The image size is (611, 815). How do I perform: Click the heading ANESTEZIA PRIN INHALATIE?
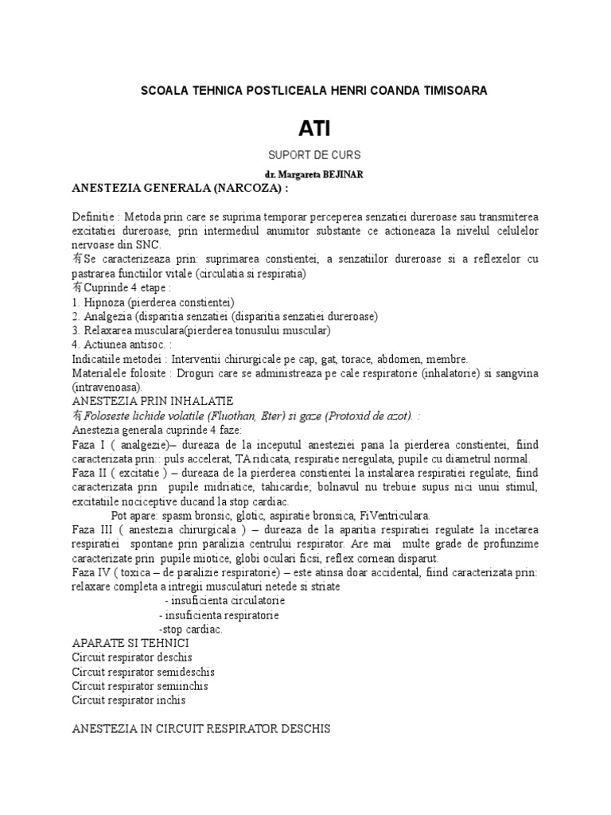click(x=152, y=400)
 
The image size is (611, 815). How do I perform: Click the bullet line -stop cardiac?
click(x=191, y=629)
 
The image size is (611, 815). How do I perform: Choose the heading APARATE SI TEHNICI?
click(x=130, y=643)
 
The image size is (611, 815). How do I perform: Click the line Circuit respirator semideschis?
click(x=143, y=672)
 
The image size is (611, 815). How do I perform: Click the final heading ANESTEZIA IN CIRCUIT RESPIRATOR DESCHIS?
click(x=200, y=729)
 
